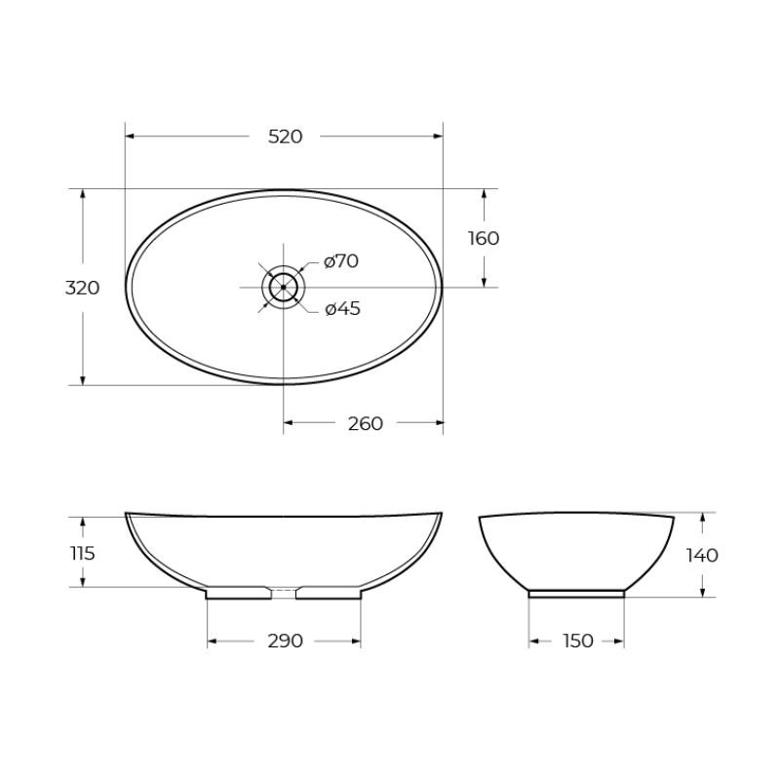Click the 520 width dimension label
click(285, 136)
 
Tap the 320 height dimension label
click(82, 288)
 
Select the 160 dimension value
click(483, 238)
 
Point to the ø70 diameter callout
click(341, 260)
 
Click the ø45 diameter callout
click(342, 309)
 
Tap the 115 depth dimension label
click(82, 553)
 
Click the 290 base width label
click(285, 641)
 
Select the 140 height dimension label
click(702, 555)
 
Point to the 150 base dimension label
click(577, 641)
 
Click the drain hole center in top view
click(284, 287)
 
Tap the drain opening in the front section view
click(284, 591)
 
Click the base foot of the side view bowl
click(576, 592)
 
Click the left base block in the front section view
click(238, 593)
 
